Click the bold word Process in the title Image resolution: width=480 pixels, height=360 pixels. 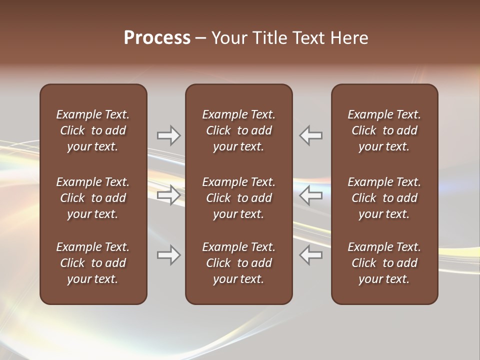click(157, 38)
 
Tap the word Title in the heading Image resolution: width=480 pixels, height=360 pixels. click(267, 38)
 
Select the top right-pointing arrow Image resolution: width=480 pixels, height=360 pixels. click(168, 135)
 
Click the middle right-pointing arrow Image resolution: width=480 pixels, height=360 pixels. click(168, 195)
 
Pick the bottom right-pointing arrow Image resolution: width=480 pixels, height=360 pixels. click(168, 255)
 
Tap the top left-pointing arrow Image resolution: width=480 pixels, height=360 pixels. click(311, 135)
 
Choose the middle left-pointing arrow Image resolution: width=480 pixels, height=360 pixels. click(311, 195)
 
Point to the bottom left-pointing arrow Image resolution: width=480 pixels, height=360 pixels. click(311, 255)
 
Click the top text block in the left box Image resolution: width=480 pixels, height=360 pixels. click(93, 130)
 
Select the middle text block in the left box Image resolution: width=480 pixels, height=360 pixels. click(93, 198)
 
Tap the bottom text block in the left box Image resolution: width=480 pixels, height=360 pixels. click(93, 263)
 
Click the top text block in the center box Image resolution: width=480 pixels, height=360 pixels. click(238, 130)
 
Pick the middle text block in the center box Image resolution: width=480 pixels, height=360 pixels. click(238, 198)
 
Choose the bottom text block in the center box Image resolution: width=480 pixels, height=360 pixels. click(238, 263)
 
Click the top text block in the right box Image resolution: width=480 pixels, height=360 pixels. click(384, 130)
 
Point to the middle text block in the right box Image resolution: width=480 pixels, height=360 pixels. click(384, 198)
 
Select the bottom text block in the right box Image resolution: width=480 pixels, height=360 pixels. click(384, 263)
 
